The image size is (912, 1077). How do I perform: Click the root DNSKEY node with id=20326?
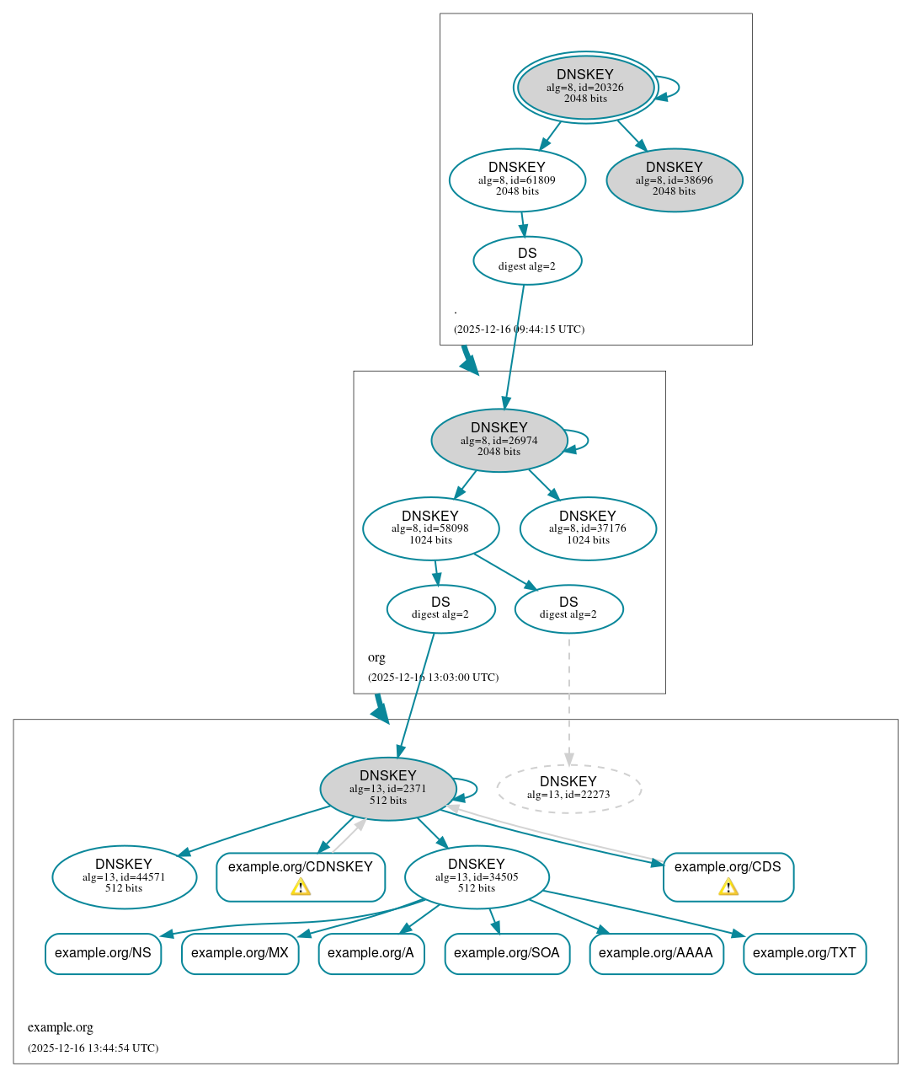tap(585, 87)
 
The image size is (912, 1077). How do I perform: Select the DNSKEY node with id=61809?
tap(517, 179)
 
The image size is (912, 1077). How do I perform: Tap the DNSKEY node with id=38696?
tap(674, 179)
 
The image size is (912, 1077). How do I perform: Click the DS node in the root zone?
tap(527, 260)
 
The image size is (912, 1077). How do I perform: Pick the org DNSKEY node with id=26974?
tap(499, 440)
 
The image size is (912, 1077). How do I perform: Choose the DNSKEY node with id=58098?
tap(430, 528)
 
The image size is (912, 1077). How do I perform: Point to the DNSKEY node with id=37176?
tap(588, 528)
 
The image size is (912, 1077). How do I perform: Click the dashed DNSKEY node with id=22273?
tap(568, 788)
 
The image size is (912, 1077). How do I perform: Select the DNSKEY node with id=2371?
tap(388, 788)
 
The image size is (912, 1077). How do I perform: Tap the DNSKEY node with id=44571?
tap(124, 876)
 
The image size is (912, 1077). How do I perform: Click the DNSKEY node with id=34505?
tap(477, 876)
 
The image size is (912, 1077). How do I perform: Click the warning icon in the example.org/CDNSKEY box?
tap(301, 887)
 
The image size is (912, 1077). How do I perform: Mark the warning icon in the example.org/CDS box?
tap(728, 887)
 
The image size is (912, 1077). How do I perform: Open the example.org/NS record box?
tap(103, 953)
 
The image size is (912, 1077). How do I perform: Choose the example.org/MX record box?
tap(240, 953)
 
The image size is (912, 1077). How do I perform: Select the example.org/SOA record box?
tap(507, 953)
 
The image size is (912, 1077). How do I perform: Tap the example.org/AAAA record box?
tap(656, 953)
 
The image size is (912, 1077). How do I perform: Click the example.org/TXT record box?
tap(804, 953)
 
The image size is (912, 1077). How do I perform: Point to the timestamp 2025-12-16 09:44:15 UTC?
tap(519, 330)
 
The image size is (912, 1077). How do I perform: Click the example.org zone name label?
tap(61, 1027)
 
